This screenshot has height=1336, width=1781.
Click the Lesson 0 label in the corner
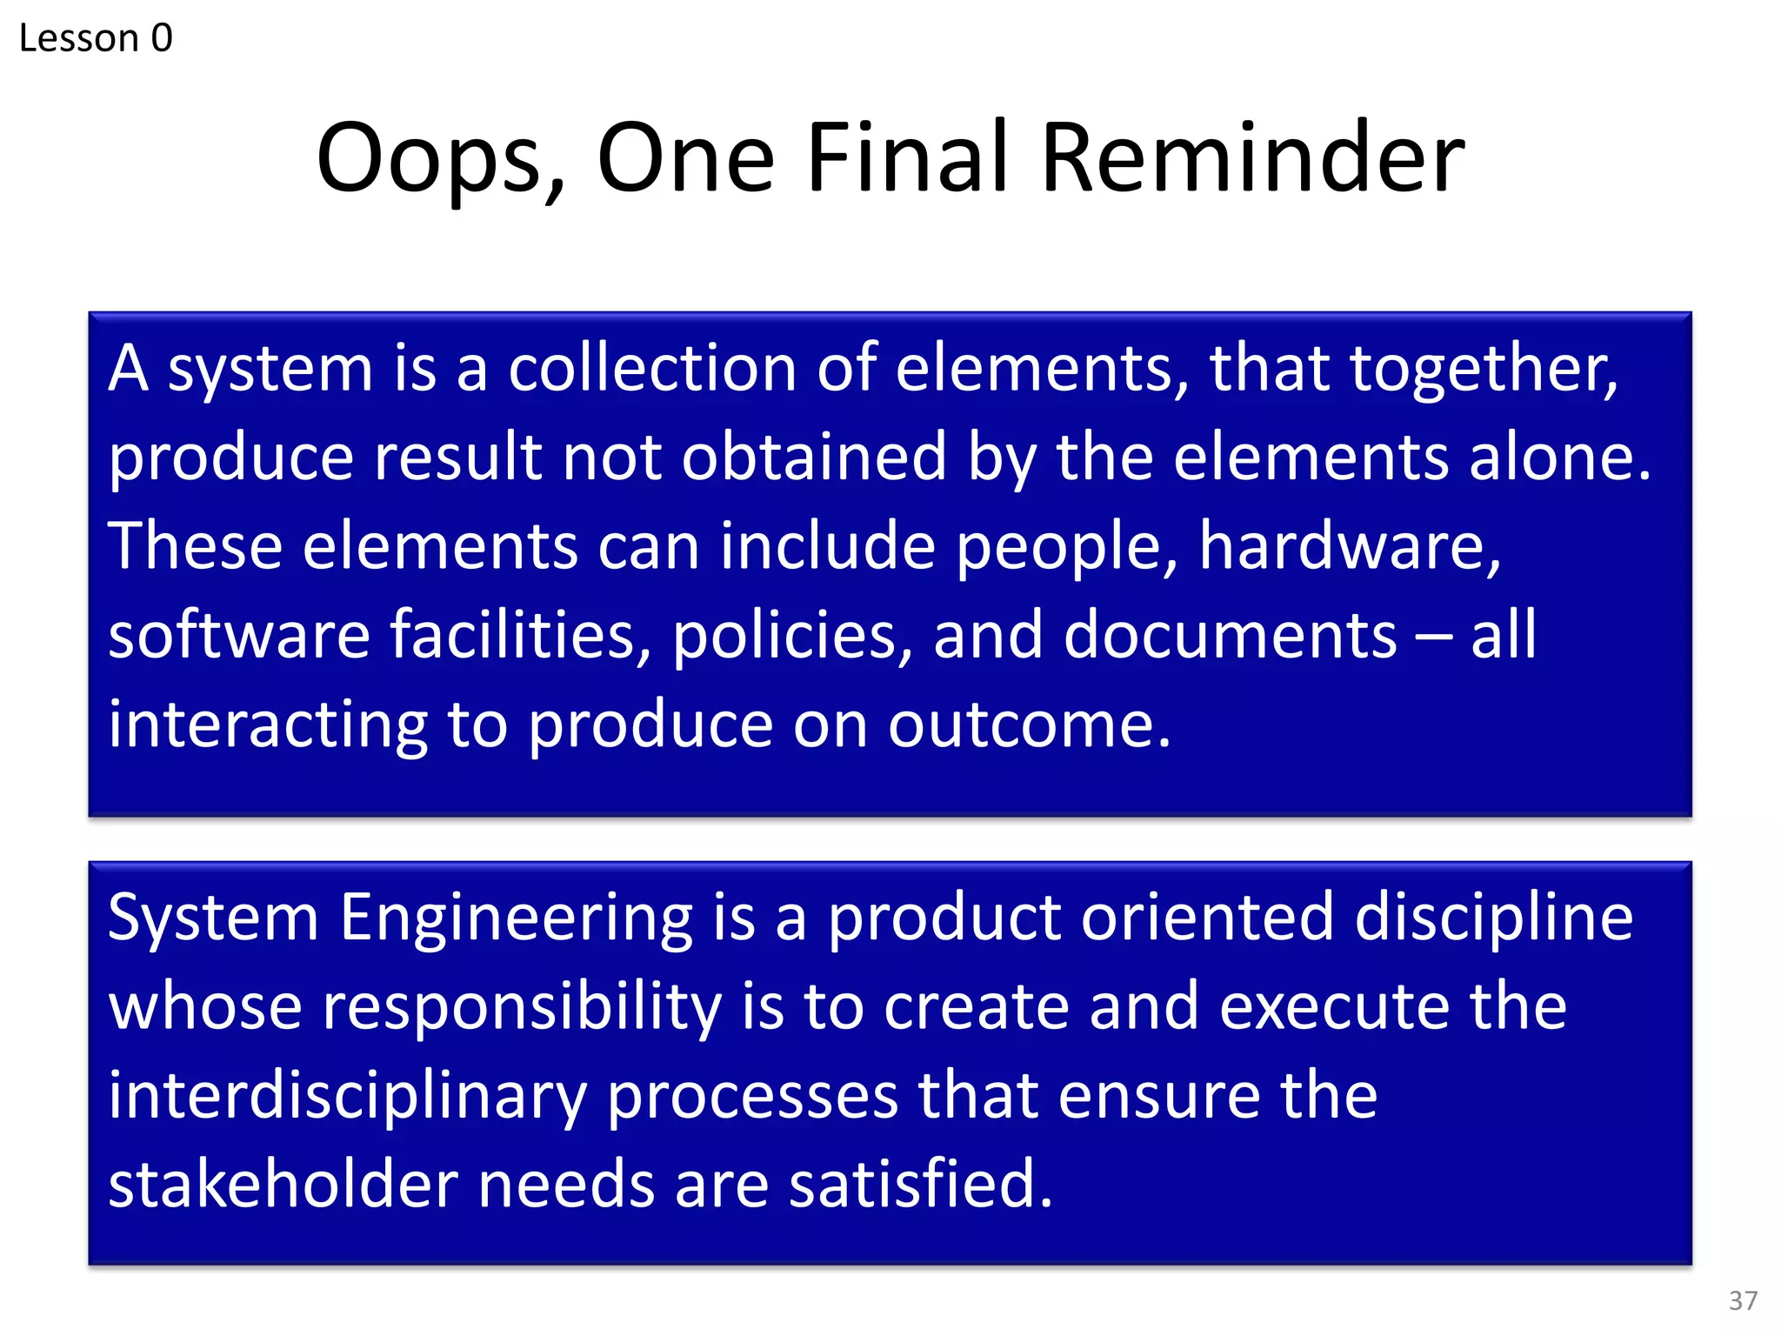point(96,38)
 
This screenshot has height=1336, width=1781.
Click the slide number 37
point(1743,1300)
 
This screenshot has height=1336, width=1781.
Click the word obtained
point(813,458)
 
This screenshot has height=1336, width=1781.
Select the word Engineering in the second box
point(517,919)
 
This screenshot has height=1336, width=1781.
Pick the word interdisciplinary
point(348,1098)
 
